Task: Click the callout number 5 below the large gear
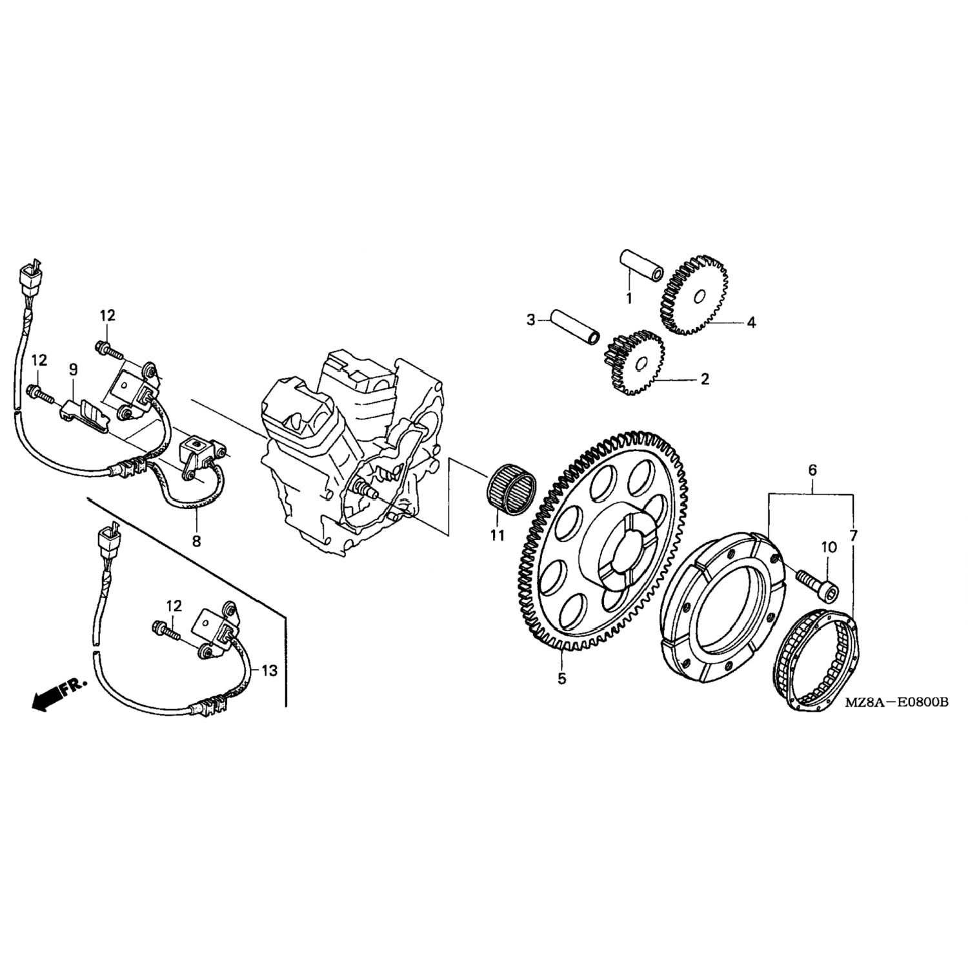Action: [x=561, y=678]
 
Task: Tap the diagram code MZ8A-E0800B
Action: [x=897, y=702]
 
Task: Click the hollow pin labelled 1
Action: [x=642, y=265]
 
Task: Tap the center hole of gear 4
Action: [x=698, y=297]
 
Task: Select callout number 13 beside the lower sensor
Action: [x=269, y=671]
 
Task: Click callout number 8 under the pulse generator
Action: [x=196, y=540]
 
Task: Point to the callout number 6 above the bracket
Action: [x=812, y=470]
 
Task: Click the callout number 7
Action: [x=854, y=535]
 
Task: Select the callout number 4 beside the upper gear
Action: [x=751, y=322]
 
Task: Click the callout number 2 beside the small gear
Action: [x=705, y=379]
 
